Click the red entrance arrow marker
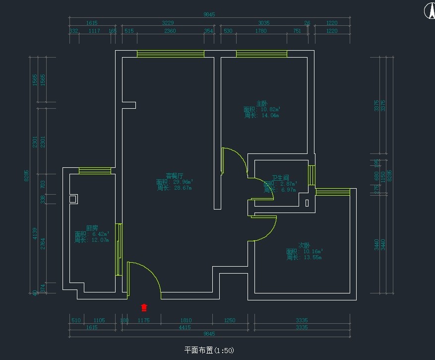pyautogui.click(x=144, y=307)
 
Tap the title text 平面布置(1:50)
pyautogui.click(x=209, y=350)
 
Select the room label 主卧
pyautogui.click(x=261, y=103)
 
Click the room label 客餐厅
pyautogui.click(x=174, y=176)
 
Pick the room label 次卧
pyautogui.click(x=304, y=245)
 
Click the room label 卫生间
pyautogui.click(x=280, y=178)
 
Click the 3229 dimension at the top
pyautogui.click(x=168, y=23)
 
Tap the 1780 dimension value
pyautogui.click(x=260, y=31)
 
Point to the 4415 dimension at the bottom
pyautogui.click(x=185, y=327)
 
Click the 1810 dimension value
pyautogui.click(x=186, y=320)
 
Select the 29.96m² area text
pyautogui.click(x=180, y=182)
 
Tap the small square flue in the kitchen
pyautogui.click(x=73, y=199)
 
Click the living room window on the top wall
pyautogui.click(x=170, y=54)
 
